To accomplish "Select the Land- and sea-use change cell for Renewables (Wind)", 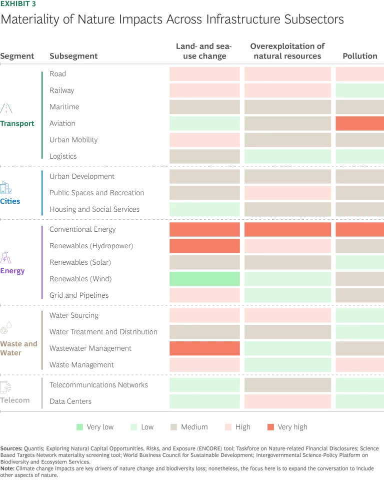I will (x=204, y=279).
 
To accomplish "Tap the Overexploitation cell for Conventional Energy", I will (x=287, y=229).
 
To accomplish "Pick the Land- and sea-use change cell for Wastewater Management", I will (x=204, y=348).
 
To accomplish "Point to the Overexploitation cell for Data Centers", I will (x=287, y=401).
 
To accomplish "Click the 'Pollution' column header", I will (x=359, y=56).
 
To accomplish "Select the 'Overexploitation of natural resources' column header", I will (x=287, y=51).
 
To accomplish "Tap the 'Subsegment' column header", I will (x=73, y=56).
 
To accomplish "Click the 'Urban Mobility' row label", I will (x=73, y=140).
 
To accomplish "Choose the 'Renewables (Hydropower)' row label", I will (x=91, y=246).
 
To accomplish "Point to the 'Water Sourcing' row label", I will (x=74, y=315).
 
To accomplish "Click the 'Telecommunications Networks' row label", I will (x=98, y=384).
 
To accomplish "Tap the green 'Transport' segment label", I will (x=17, y=124).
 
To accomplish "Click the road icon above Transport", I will (x=6, y=109).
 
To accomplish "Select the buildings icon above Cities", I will (x=5, y=188).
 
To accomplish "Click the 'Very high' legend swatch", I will (x=270, y=427).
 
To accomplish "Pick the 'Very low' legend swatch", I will (x=79, y=427).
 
